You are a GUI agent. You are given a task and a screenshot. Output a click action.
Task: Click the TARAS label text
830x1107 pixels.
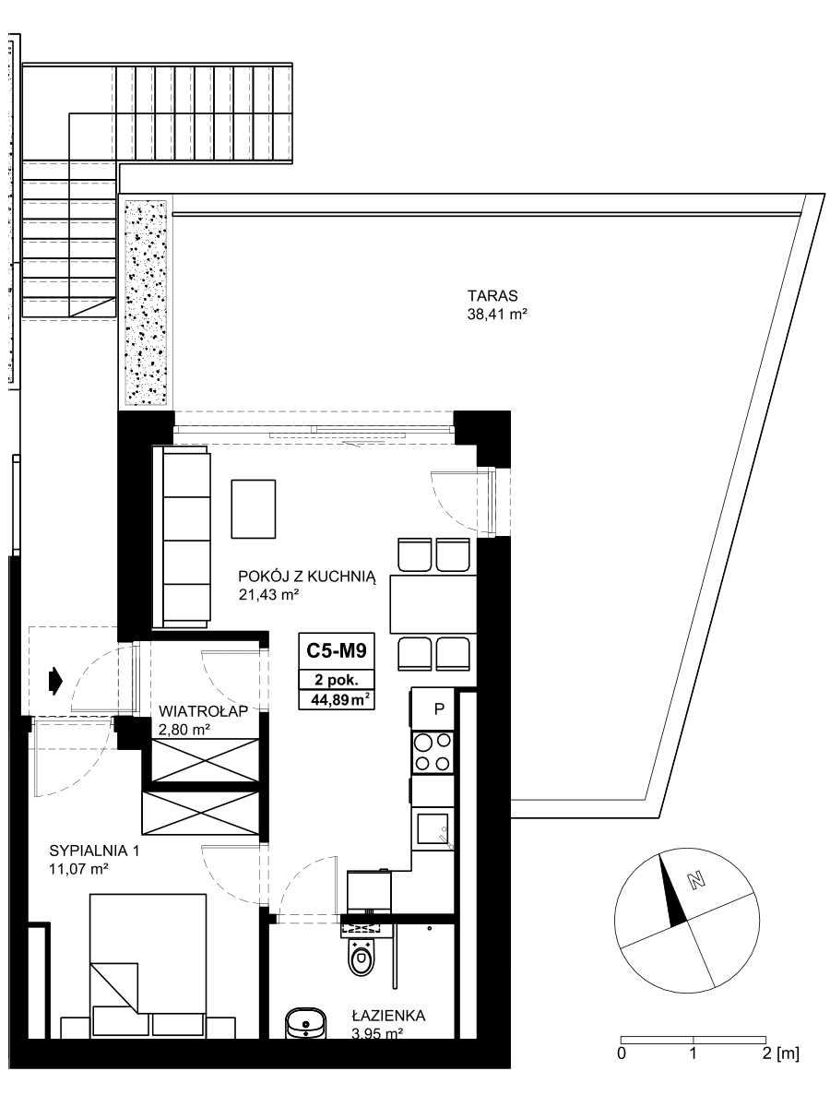click(492, 295)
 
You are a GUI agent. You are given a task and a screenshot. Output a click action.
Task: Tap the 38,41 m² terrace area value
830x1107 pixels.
click(497, 315)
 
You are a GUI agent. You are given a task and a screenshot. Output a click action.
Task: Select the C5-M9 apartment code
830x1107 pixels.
click(336, 650)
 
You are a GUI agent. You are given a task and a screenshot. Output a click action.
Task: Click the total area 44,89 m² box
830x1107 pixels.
click(336, 700)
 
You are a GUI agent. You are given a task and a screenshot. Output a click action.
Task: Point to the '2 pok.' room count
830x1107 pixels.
click(336, 680)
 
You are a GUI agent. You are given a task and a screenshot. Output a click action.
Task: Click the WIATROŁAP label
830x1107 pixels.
click(203, 711)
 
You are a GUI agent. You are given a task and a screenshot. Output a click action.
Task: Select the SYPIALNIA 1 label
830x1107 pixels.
click(94, 851)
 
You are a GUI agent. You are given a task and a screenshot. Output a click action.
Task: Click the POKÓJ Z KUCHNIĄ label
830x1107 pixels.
click(307, 577)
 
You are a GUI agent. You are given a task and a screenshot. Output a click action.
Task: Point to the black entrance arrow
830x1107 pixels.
click(55, 681)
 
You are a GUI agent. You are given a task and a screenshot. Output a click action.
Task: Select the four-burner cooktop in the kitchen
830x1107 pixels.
click(432, 753)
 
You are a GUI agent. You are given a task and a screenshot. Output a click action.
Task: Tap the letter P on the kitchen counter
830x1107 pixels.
click(439, 709)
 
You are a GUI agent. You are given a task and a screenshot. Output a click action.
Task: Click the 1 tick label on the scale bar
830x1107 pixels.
click(693, 1049)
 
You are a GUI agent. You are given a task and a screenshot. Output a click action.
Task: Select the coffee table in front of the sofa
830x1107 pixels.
click(254, 509)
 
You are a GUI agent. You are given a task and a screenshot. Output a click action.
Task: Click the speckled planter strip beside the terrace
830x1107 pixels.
click(146, 302)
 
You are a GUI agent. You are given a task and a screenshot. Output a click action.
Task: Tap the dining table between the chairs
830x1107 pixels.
click(433, 603)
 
